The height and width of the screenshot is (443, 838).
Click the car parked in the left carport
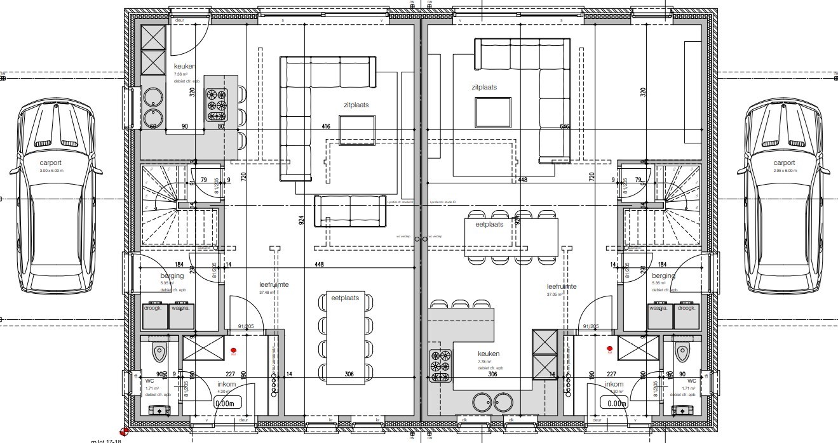point(57,197)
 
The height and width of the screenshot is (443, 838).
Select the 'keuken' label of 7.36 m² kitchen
point(184,66)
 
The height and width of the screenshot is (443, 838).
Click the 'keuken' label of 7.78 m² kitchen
point(489,354)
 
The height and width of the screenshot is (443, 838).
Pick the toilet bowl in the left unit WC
point(159,351)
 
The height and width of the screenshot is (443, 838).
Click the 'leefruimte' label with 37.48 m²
point(274,285)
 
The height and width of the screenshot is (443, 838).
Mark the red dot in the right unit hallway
point(609,348)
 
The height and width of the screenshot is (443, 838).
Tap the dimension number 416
point(326,127)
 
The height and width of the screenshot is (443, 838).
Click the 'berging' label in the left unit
point(172,276)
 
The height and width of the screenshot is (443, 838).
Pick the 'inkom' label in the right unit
point(614,385)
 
